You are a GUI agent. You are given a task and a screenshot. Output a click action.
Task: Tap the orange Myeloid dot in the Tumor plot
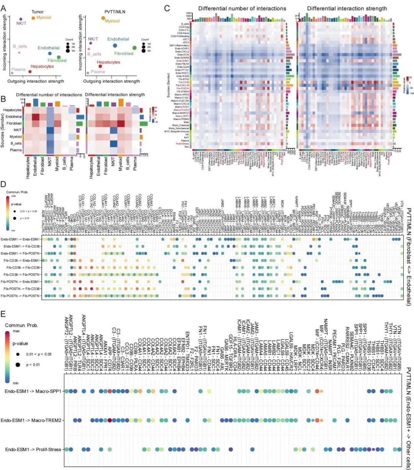click(x=33, y=18)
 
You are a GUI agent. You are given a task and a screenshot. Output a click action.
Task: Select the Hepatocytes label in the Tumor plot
click(x=42, y=66)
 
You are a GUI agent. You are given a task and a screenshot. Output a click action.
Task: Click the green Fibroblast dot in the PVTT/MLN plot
click(x=135, y=48)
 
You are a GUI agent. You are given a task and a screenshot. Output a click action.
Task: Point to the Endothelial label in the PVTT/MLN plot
click(x=118, y=39)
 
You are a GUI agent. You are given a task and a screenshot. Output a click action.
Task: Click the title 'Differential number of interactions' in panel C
click(x=242, y=8)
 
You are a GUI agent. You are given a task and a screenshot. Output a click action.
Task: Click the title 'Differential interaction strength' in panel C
click(x=347, y=8)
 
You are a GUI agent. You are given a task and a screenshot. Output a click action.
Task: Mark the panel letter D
click(x=4, y=184)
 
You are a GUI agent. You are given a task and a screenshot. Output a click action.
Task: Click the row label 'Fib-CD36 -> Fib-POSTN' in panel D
click(x=21, y=275)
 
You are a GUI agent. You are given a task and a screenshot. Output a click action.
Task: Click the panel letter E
click(x=4, y=314)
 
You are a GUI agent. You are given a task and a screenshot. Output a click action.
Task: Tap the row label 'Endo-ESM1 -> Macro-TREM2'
click(x=32, y=420)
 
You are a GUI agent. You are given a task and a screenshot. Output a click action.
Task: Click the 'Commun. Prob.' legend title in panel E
click(x=21, y=325)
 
